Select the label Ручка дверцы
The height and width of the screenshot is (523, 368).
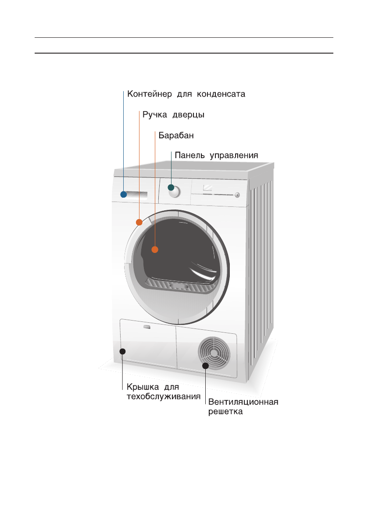[x=173, y=115]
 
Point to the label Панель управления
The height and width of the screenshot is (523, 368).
[x=216, y=155]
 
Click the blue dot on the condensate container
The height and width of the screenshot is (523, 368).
[x=124, y=195]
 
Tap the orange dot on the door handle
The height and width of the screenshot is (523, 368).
[x=139, y=222]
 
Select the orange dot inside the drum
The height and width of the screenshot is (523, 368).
[x=154, y=249]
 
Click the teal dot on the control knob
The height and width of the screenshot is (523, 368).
[x=171, y=188]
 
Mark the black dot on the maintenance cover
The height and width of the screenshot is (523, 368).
[x=123, y=351]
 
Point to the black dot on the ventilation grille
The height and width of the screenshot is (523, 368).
[x=205, y=365]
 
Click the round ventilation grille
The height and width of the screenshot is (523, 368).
[x=214, y=352]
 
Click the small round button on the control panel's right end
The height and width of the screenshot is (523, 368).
[x=237, y=195]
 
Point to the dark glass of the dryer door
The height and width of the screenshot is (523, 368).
[x=180, y=250]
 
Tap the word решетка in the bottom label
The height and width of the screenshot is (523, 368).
[x=225, y=412]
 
